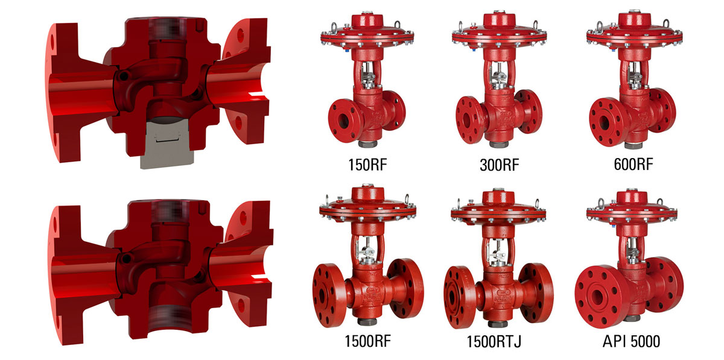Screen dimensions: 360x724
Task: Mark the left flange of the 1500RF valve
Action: (329, 292)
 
